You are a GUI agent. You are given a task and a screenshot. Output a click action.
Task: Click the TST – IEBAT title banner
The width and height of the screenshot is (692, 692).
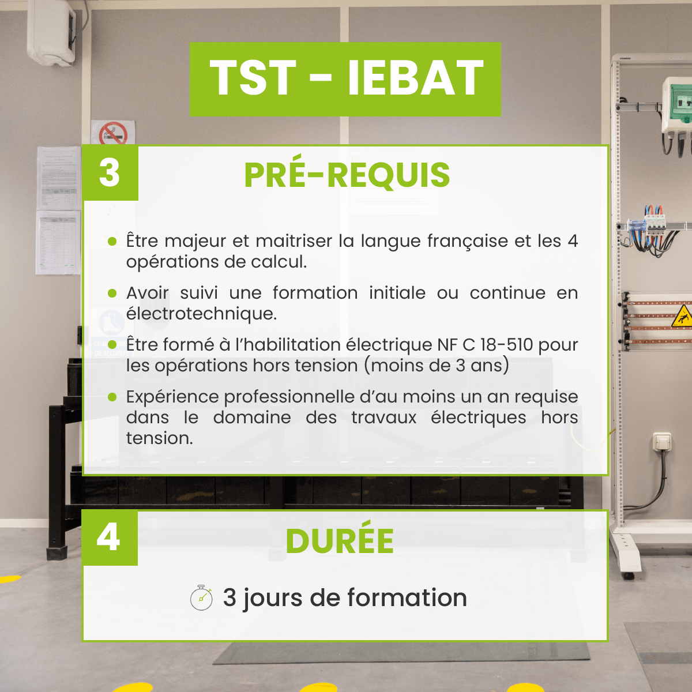click(345, 79)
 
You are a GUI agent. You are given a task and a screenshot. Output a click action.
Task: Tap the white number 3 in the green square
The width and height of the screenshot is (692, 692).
click(110, 173)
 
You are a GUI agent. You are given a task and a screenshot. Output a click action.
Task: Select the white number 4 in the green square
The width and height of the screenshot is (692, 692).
click(108, 537)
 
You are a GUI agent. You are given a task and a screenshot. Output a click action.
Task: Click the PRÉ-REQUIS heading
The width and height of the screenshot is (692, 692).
click(347, 175)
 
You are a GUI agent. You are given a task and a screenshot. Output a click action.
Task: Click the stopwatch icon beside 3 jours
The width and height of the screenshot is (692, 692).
click(201, 597)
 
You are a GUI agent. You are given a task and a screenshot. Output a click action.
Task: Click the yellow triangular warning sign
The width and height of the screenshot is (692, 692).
click(682, 317)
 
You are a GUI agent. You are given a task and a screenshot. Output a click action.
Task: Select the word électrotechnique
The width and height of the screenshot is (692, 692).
click(201, 314)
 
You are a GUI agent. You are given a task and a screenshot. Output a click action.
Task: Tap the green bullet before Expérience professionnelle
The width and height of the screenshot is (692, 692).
click(112, 397)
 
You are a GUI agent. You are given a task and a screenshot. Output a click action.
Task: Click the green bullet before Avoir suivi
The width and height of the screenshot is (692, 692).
click(112, 294)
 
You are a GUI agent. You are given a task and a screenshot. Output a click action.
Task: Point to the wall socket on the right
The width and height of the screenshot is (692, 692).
click(661, 441)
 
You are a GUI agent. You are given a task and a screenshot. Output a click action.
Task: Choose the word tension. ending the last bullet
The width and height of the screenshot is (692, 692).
click(159, 438)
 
